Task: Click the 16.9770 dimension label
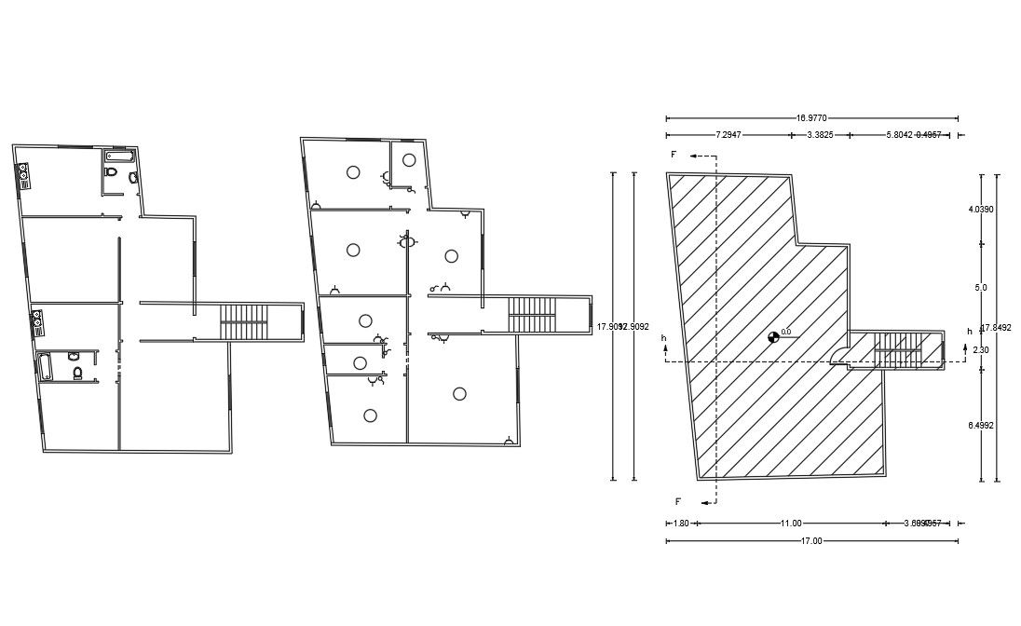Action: pyautogui.click(x=812, y=118)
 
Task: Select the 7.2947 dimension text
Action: pyautogui.click(x=728, y=135)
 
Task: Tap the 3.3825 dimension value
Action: pyautogui.click(x=819, y=135)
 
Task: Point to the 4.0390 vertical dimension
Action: pyautogui.click(x=981, y=210)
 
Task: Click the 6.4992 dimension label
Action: pyautogui.click(x=981, y=425)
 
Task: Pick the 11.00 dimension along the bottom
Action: pyautogui.click(x=790, y=524)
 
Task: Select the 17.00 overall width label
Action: pyautogui.click(x=811, y=541)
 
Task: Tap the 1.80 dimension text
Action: pyautogui.click(x=681, y=524)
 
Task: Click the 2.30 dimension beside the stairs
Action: pyautogui.click(x=981, y=349)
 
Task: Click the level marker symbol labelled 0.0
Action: pyautogui.click(x=773, y=337)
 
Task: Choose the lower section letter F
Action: pyautogui.click(x=678, y=502)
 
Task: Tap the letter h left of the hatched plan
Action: pyautogui.click(x=664, y=337)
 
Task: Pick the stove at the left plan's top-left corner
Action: pyautogui.click(x=23, y=174)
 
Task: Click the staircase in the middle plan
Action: pyautogui.click(x=532, y=315)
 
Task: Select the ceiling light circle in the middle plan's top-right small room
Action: pyautogui.click(x=409, y=159)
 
